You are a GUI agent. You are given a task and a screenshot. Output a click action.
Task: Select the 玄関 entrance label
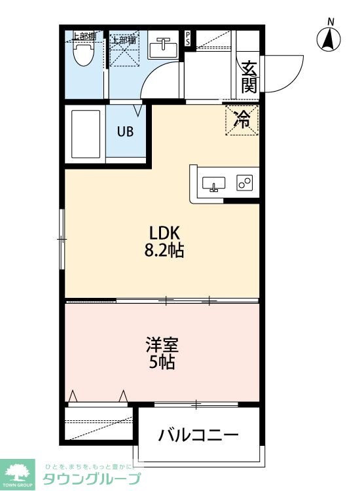(x=249, y=77)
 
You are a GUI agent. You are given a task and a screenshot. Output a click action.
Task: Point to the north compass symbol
(x=330, y=39)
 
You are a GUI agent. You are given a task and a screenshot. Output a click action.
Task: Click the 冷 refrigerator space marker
(x=242, y=120)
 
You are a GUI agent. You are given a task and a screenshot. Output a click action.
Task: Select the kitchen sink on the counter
(x=214, y=184)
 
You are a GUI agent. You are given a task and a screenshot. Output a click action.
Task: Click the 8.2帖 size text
(x=164, y=251)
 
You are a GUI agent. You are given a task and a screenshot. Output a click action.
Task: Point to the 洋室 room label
(x=162, y=344)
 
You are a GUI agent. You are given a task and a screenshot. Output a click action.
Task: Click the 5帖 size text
(x=162, y=362)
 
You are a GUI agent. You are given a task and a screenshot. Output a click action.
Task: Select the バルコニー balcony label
(x=198, y=435)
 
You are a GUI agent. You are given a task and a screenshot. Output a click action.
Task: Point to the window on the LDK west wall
(x=62, y=239)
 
